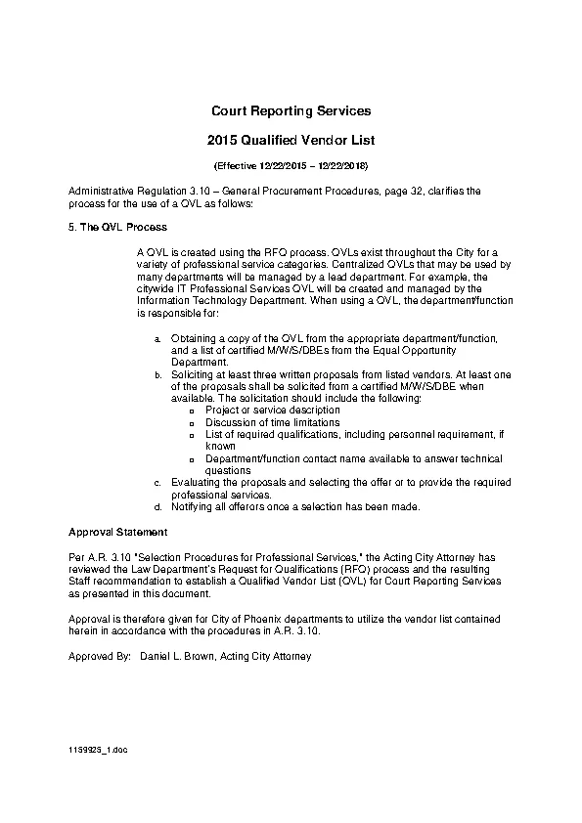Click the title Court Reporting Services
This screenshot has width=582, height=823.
pos(291,111)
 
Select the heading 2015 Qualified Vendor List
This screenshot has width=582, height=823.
pos(291,141)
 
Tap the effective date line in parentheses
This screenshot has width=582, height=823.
pos(291,166)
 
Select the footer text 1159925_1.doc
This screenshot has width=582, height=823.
pos(98,749)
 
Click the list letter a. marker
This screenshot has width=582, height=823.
pos(157,338)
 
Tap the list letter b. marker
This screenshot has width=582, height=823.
pos(157,374)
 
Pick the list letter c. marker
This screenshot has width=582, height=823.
pos(157,483)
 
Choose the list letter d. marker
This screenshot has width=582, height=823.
pos(157,507)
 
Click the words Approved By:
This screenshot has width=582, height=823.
pos(99,656)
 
